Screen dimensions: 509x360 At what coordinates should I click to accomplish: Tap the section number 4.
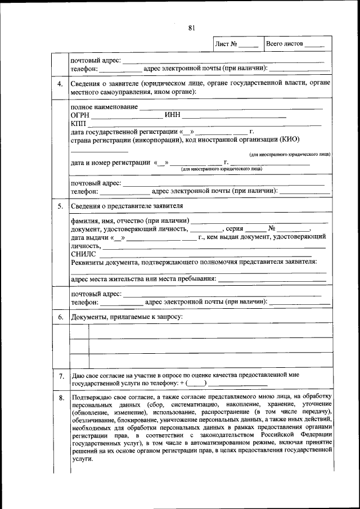coord(60,84)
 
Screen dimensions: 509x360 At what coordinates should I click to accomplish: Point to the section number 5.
coord(60,206)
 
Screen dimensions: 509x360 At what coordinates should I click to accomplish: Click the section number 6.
coord(60,318)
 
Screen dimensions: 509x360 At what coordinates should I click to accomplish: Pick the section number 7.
coord(60,375)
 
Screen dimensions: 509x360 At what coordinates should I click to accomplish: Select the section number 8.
coord(60,399)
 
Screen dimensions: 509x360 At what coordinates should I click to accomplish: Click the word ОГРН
coord(80,115)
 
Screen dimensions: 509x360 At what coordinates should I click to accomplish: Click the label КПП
coord(79,123)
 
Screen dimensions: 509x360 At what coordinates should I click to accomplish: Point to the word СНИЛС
coord(84,254)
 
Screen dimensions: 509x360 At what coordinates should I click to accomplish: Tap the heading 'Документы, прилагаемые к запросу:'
coord(127,317)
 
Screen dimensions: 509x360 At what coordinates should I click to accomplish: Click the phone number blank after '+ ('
coord(196,383)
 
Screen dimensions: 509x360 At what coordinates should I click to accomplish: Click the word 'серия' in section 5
coord(234,229)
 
